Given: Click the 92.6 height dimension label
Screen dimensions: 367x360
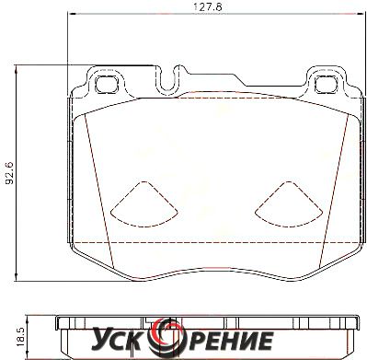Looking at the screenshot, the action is point(11,173).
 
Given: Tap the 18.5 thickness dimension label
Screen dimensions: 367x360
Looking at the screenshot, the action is point(20,337).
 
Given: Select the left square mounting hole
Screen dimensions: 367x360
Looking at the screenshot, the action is point(107,84).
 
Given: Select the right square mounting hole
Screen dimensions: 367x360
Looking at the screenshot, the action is point(327,84).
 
